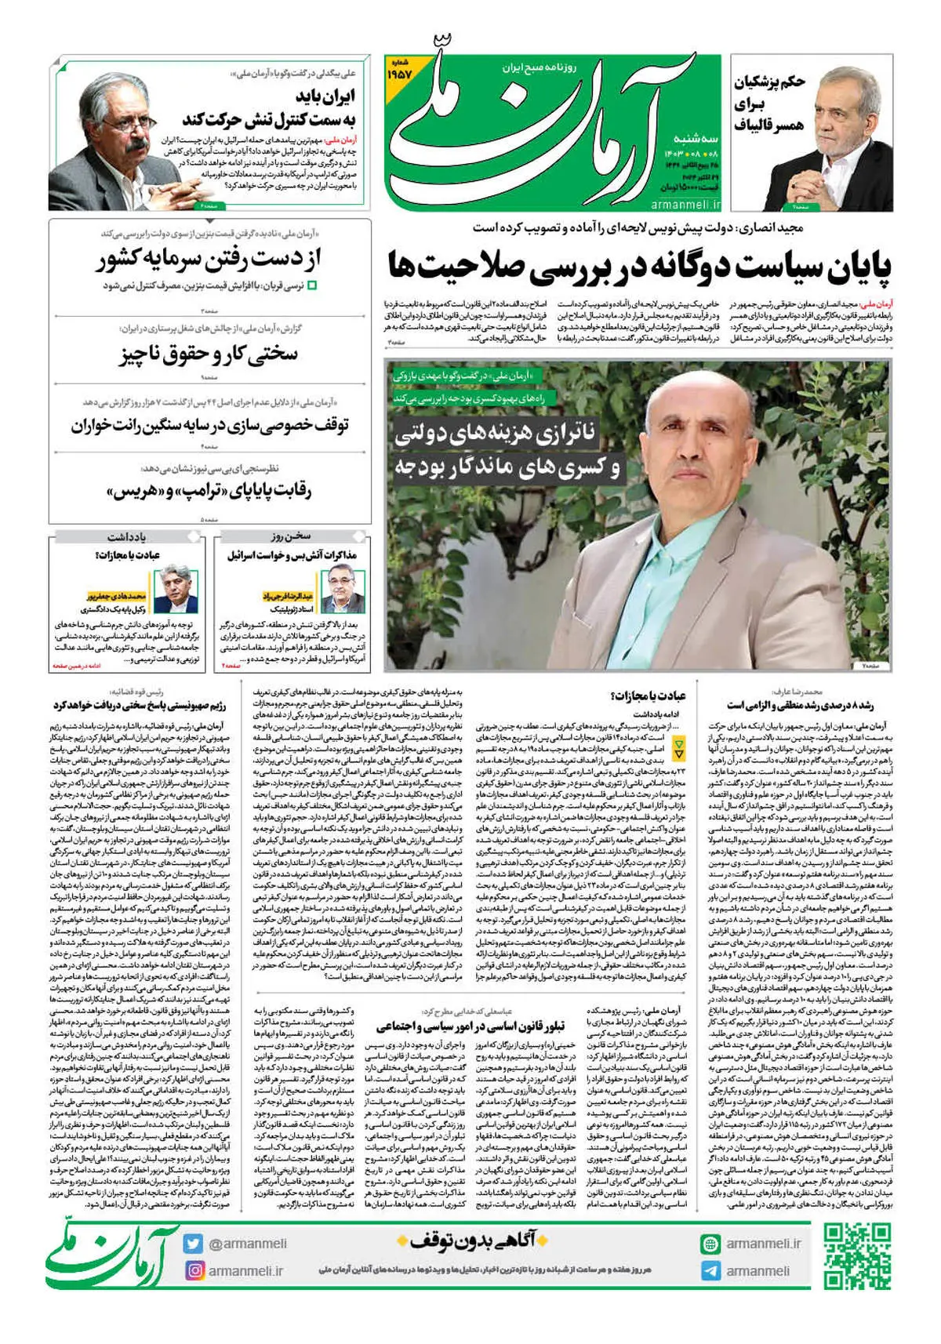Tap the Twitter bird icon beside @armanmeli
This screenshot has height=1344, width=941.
click(193, 1244)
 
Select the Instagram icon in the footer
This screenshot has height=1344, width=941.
click(193, 1270)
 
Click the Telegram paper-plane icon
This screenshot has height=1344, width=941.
click(710, 1270)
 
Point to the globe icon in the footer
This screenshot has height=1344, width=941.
click(710, 1244)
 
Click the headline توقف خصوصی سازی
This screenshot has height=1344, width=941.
click(210, 426)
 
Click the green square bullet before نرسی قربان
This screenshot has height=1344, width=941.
click(312, 286)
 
